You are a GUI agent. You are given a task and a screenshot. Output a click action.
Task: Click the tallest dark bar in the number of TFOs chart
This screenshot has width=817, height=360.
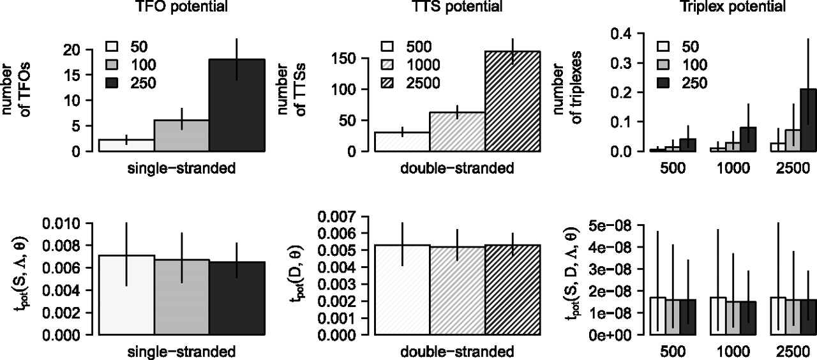click(237, 105)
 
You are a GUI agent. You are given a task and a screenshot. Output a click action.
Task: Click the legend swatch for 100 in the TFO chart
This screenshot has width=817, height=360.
click(112, 64)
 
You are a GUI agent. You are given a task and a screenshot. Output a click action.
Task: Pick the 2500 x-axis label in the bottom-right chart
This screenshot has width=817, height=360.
click(789, 352)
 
